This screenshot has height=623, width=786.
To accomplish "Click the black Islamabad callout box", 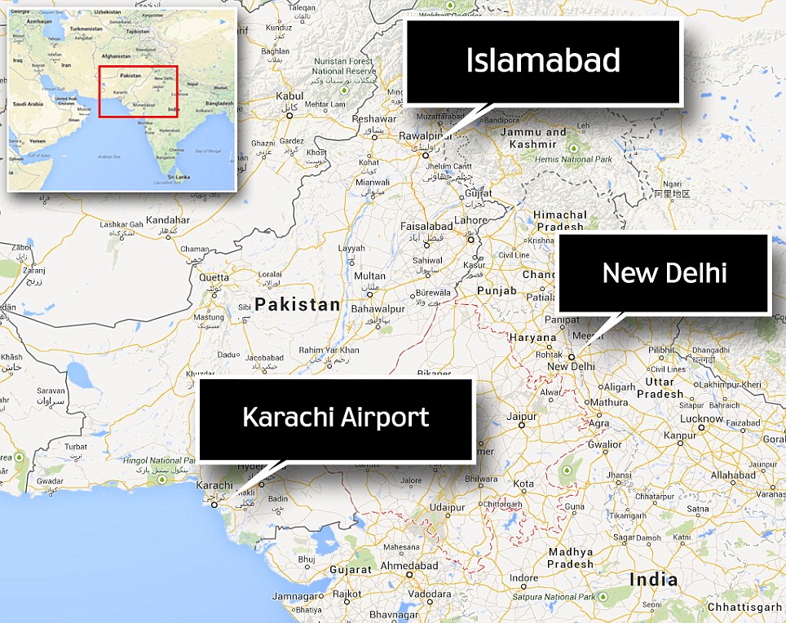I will (x=543, y=62).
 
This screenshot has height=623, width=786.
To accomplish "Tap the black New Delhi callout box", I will (x=664, y=273).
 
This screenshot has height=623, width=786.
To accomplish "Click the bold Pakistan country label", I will (x=297, y=305).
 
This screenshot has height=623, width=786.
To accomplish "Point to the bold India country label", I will (x=653, y=580).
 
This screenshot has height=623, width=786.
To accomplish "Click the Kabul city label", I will (x=289, y=96).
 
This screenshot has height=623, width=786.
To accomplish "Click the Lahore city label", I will (x=470, y=220).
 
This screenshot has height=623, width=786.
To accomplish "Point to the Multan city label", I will (x=370, y=276).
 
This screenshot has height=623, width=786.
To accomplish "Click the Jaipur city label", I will (x=522, y=416).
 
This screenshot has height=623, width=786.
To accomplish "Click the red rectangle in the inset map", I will (x=138, y=91).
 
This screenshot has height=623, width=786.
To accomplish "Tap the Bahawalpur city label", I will (x=378, y=310).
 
